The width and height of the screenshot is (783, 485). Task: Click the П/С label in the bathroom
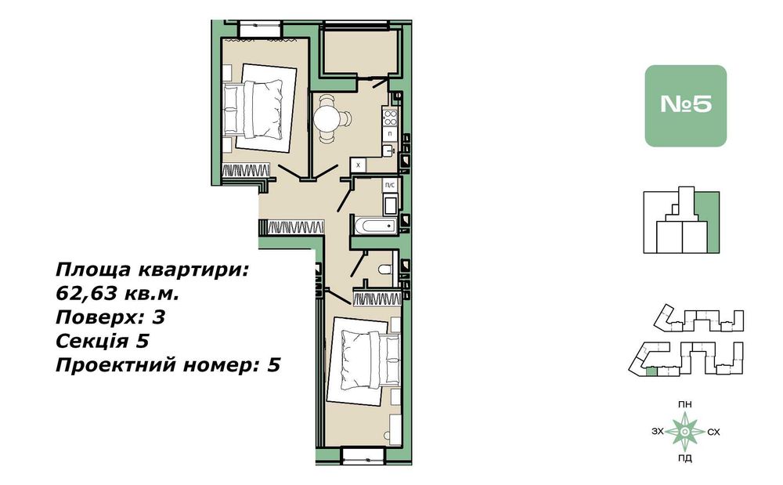pyautogui.click(x=389, y=186)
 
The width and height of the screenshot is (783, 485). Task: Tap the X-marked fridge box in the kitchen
pyautogui.click(x=358, y=165)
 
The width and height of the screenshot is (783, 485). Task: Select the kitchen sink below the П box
pyautogui.click(x=389, y=149)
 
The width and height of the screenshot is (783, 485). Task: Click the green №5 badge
pyautogui.click(x=685, y=106)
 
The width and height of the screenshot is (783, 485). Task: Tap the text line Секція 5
pyautogui.click(x=103, y=341)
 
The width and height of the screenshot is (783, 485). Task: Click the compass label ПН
pyautogui.click(x=685, y=404)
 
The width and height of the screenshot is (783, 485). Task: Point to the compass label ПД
pyautogui.click(x=685, y=458)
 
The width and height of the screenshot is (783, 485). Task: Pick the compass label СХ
pyautogui.click(x=713, y=431)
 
